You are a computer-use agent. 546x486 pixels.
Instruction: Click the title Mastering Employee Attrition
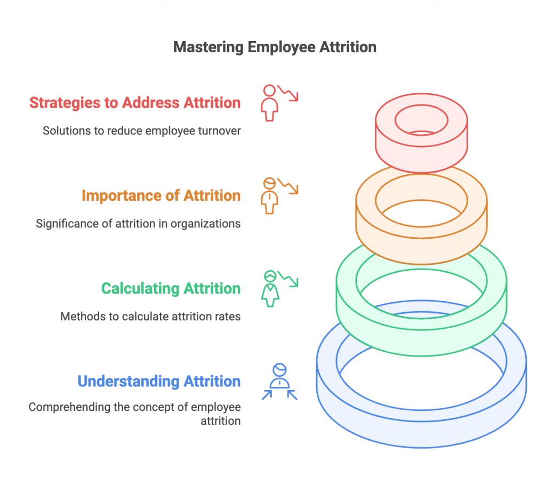275,47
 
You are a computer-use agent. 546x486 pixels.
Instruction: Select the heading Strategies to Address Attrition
135,103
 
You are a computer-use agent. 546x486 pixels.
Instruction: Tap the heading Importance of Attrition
161,196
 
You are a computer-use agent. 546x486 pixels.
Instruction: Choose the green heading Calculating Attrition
171,289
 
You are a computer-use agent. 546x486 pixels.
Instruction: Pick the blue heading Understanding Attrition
159,382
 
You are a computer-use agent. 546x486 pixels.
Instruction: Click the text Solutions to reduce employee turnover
141,131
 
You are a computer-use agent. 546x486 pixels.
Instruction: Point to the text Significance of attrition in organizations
138,223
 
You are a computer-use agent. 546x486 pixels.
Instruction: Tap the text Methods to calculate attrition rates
150,317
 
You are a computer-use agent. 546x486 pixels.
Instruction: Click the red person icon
269,103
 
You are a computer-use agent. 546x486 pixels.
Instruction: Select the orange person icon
269,196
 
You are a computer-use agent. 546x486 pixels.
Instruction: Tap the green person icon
270,289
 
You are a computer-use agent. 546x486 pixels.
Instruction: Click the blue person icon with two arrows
279,382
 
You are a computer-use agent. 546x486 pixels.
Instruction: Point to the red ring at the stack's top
421,133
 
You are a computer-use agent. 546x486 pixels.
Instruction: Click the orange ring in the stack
421,214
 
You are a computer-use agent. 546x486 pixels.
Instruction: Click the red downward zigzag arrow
288,93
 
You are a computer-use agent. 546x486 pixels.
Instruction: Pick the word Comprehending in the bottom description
69,407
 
